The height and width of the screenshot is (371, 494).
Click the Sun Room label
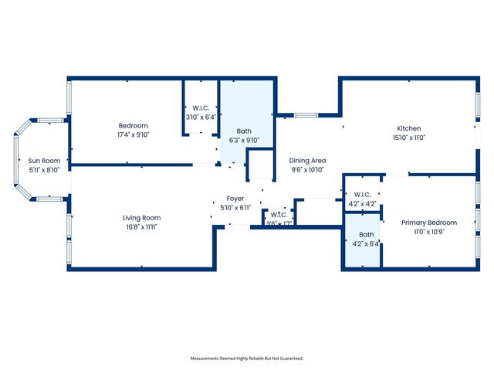pos(44,161)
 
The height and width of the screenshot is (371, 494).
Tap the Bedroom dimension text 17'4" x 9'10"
pos(133,134)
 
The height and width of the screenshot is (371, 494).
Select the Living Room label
pos(141,218)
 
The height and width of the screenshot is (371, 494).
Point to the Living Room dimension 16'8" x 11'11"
pos(141,228)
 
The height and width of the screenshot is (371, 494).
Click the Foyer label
pos(235,199)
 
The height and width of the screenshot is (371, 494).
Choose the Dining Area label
pos(307,160)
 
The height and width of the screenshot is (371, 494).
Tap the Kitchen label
pos(408,128)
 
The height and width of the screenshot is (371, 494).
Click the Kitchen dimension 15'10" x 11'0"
pos(408,138)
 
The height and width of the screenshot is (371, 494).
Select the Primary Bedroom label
pos(428,223)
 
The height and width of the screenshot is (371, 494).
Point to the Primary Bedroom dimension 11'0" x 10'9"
pos(428,232)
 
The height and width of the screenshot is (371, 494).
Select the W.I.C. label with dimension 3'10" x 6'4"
pos(201,108)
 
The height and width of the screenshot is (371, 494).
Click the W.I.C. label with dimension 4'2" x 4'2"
pos(362,195)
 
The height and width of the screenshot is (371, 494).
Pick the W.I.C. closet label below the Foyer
pos(279,215)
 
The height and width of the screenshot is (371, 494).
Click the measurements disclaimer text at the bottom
pos(247,359)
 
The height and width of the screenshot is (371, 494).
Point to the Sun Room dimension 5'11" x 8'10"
pos(44,170)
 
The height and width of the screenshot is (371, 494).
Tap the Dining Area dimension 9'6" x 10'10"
pos(307,170)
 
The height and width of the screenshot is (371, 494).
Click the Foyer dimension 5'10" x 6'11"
pos(235,209)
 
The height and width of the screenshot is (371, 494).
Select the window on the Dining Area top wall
pos(306,116)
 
